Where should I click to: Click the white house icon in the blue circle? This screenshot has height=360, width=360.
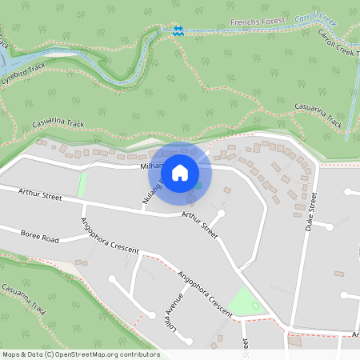tap(179, 172)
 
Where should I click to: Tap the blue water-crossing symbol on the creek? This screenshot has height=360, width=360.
tap(178, 30)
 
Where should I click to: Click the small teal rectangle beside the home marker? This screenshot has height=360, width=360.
tap(194, 186)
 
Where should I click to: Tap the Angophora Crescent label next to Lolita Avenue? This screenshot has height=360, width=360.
tap(205, 291)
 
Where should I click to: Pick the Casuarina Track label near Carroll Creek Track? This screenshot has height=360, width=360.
tap(318, 115)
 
